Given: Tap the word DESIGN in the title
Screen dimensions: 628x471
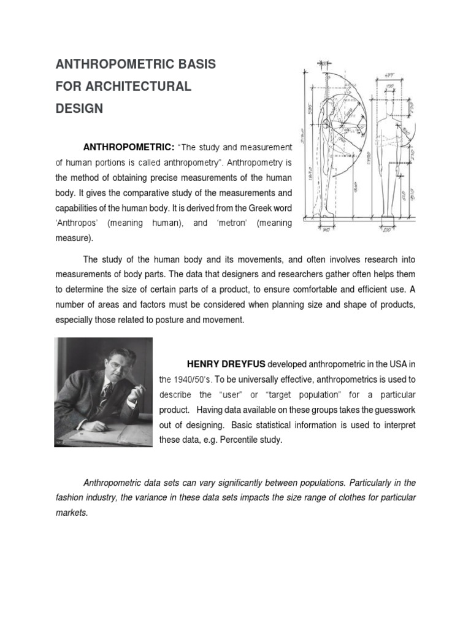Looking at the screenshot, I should [x=80, y=109].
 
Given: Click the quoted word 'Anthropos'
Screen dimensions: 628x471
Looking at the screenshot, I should [x=76, y=223].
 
